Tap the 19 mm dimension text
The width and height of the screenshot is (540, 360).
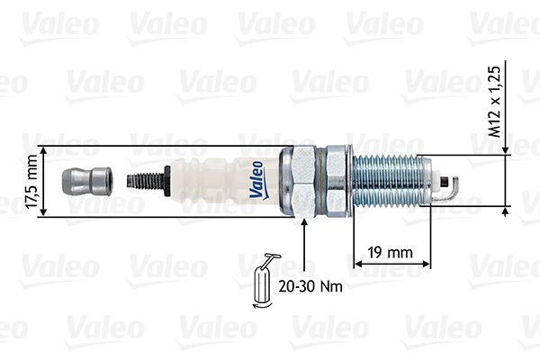(389, 253)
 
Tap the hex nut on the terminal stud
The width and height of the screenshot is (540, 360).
(167, 181)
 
